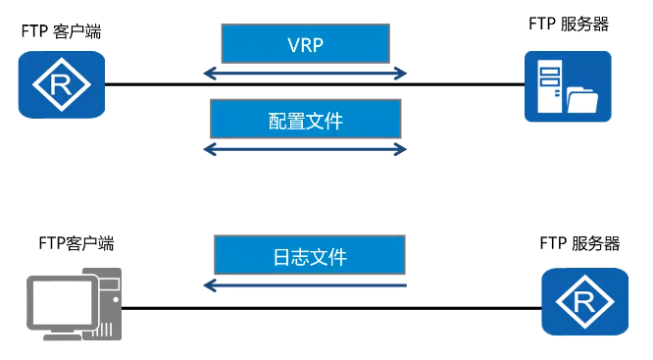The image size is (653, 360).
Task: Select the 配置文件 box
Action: point(305,120)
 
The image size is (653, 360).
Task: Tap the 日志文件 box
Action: point(309,257)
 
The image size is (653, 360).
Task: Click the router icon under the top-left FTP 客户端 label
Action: point(61,85)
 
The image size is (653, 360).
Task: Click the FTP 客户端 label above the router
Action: point(61,32)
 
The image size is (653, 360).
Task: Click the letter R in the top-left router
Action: point(61,86)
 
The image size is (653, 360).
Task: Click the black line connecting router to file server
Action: point(461,85)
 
